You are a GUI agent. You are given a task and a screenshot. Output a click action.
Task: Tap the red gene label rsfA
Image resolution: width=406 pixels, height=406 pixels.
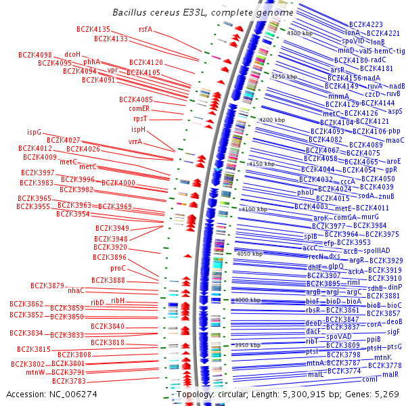click(x=145, y=29)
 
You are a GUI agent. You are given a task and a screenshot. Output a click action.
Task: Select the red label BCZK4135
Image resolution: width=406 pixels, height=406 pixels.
click(x=93, y=29)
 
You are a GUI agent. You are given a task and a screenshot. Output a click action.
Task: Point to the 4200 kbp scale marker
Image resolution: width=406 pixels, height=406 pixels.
click(x=272, y=120)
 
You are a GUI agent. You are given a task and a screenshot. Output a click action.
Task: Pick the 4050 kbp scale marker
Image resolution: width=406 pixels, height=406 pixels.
click(x=248, y=254)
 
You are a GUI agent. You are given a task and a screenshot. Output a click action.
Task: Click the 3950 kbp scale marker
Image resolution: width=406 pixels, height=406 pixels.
click(x=247, y=345)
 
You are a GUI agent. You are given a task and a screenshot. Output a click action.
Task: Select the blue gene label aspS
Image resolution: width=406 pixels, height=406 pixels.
click(x=395, y=110)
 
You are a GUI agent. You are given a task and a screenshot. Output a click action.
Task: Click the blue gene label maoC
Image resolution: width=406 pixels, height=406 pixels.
click(x=394, y=140)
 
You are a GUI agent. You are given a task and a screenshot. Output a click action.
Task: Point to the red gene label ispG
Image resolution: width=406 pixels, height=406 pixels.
click(x=34, y=132)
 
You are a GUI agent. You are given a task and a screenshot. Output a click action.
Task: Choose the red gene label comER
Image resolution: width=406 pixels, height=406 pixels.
click(x=139, y=108)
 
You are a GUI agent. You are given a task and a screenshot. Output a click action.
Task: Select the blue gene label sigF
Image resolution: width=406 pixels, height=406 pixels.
click(x=393, y=332)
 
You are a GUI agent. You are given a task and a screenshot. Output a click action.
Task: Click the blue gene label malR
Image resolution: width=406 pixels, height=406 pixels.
click(x=390, y=374)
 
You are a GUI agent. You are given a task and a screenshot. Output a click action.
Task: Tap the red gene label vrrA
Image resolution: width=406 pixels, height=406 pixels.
click(x=135, y=142)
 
